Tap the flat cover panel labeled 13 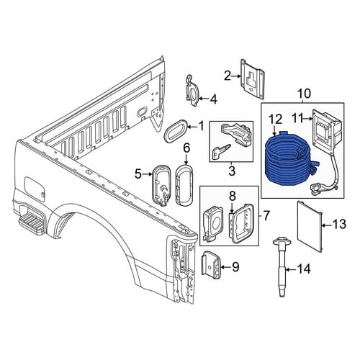pos(310,226)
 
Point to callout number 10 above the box pos(304,94)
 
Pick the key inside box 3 pos(221,151)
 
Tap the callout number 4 pos(213,99)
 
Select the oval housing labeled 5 pos(161,185)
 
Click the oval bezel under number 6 pos(184,185)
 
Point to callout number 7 pos(266,215)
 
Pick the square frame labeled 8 pos(242,223)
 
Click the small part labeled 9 pos(210,265)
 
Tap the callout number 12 pos(275,120)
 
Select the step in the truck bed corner pos(30,220)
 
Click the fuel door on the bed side pos(35,189)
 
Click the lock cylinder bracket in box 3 pos(237,134)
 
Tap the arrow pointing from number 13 pos(326,225)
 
